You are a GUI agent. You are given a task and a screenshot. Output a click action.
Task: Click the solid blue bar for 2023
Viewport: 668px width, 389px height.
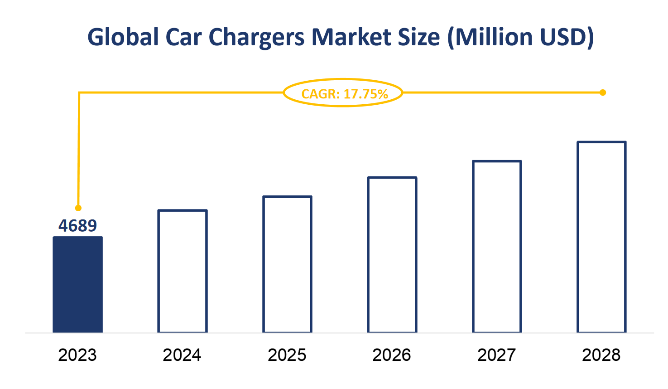(x=77, y=284)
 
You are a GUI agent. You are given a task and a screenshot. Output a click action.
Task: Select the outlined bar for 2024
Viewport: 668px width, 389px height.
(x=183, y=271)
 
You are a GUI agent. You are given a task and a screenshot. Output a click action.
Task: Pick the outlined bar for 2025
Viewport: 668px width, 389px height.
(x=287, y=264)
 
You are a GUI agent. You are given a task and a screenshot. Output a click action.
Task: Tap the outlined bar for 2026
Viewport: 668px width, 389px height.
(x=392, y=255)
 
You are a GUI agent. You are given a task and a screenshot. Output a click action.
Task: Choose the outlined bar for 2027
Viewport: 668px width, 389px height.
(x=497, y=247)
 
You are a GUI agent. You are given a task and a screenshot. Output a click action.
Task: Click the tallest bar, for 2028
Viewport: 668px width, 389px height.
(x=601, y=237)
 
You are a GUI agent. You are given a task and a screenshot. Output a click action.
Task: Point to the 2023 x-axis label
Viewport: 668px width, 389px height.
(x=77, y=355)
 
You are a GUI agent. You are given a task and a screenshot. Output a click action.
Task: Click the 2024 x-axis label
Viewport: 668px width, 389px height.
(x=182, y=355)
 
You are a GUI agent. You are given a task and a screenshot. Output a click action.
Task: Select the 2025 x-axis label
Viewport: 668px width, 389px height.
(x=287, y=355)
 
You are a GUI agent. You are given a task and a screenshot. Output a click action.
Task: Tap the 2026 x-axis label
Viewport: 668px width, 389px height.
(x=392, y=355)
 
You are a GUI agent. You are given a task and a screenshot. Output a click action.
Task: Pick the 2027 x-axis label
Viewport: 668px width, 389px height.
(x=497, y=355)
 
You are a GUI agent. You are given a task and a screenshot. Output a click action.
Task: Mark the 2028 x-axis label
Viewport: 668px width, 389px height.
(x=601, y=355)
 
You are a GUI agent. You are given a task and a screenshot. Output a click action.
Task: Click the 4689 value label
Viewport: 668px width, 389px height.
(x=77, y=225)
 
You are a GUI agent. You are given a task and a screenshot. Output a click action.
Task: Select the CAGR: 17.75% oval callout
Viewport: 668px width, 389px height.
(x=343, y=93)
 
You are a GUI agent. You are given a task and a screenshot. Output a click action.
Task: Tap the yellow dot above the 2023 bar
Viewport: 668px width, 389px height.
(x=78, y=208)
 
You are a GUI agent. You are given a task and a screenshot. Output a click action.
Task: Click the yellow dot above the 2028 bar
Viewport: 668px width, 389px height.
(x=603, y=92)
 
